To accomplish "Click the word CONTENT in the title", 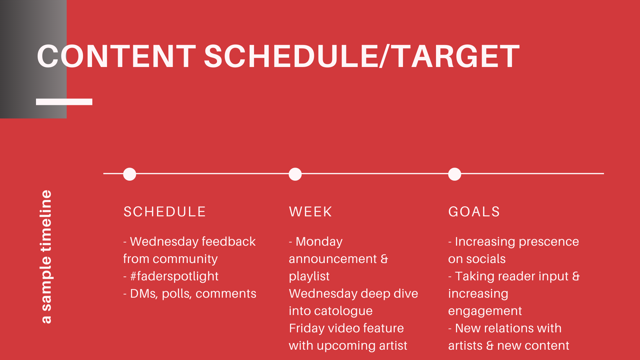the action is pos(116,56).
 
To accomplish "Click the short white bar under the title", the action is pos(64,102).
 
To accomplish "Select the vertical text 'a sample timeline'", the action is pos(46,257).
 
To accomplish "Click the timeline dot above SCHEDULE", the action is pos(130,174).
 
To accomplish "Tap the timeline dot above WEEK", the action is pos(295,174).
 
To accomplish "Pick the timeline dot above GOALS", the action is pos(455,174).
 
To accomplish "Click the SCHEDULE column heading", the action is pos(165,212).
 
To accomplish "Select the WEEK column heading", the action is pos(311,212).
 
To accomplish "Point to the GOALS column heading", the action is pos(474,212).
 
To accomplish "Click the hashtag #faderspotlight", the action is pos(174,276).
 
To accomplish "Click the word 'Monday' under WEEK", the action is pos(319,242).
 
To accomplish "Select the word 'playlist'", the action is pos(309,276).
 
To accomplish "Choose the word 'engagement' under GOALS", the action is pos(485,311).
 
